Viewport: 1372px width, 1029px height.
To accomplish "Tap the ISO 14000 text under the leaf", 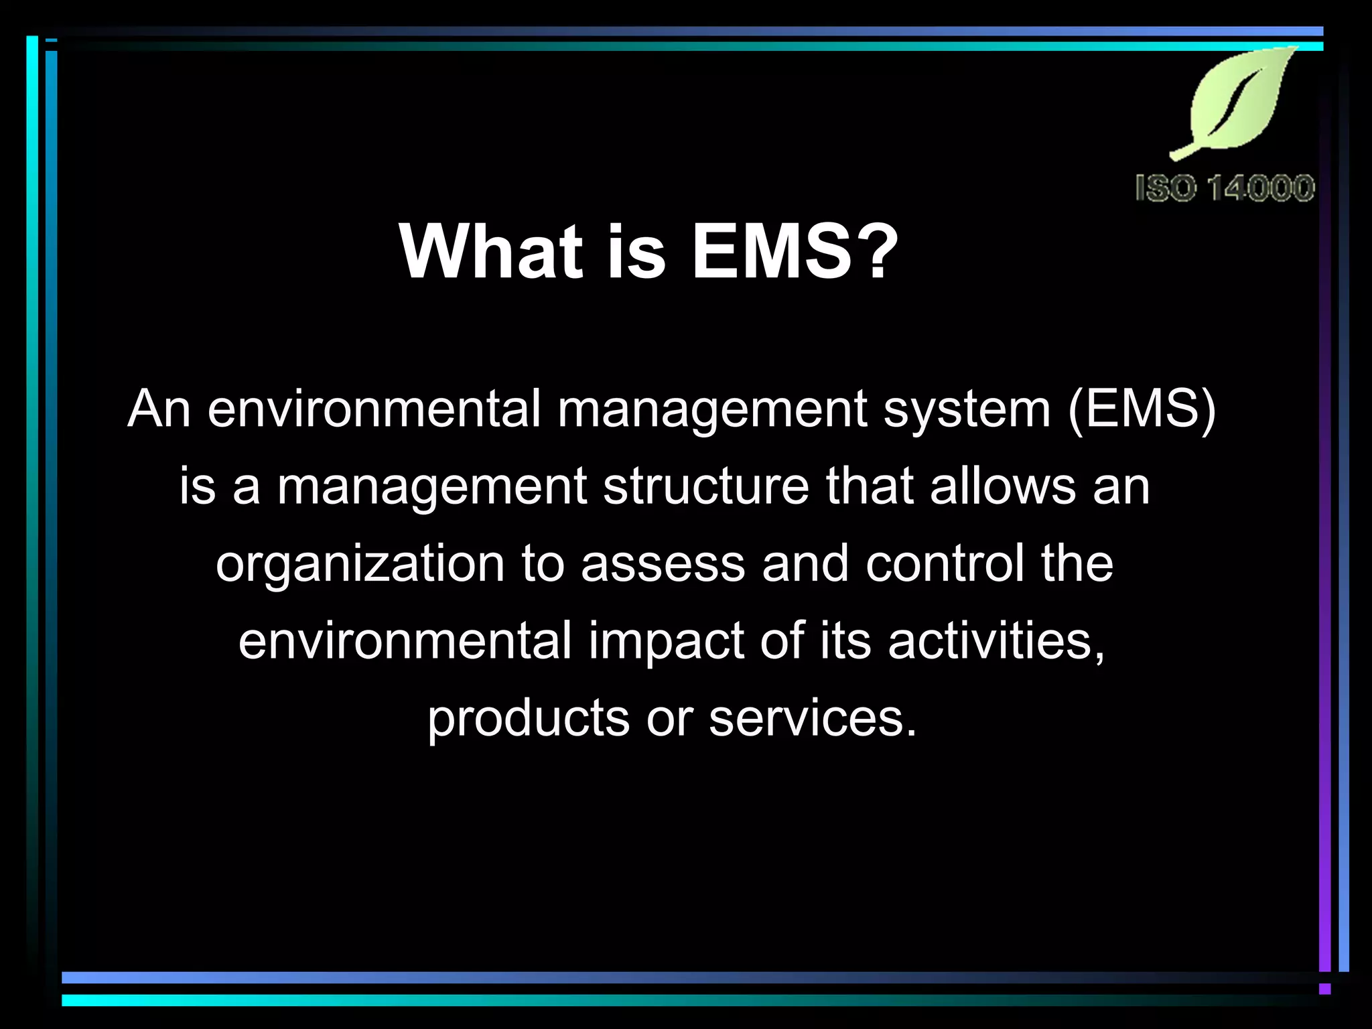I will [x=1225, y=188].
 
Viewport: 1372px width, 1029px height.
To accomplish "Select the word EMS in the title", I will [x=770, y=252].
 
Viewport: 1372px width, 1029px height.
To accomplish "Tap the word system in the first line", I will [x=967, y=410].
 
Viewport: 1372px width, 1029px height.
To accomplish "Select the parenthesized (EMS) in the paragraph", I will [x=1142, y=409].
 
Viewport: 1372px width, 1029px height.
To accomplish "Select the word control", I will [x=945, y=563].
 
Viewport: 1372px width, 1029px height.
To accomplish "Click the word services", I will [x=811, y=718].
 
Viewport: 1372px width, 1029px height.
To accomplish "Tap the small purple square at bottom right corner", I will [x=1324, y=989].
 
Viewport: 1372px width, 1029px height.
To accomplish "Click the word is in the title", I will [x=636, y=252].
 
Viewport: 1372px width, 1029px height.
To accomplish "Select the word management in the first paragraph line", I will [x=712, y=410].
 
